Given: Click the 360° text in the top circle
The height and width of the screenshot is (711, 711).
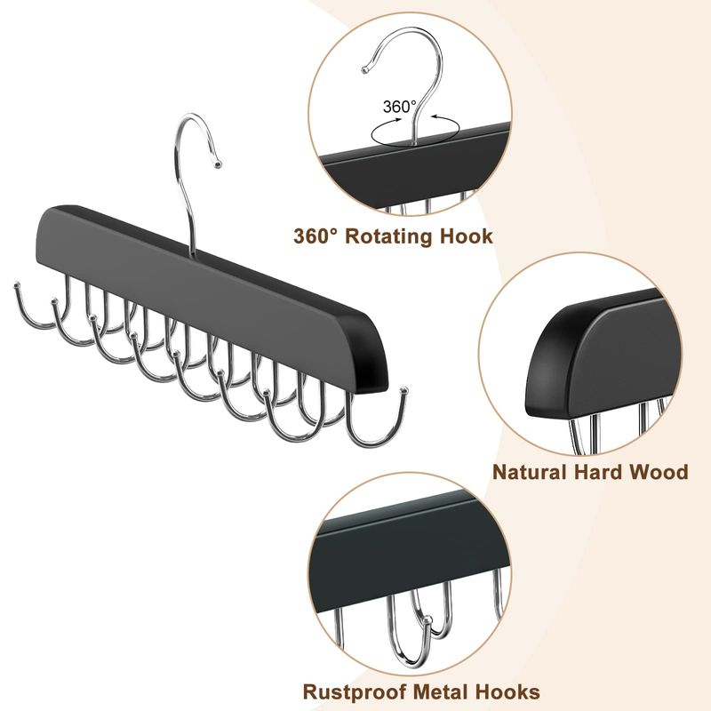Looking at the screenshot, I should (x=399, y=107).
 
